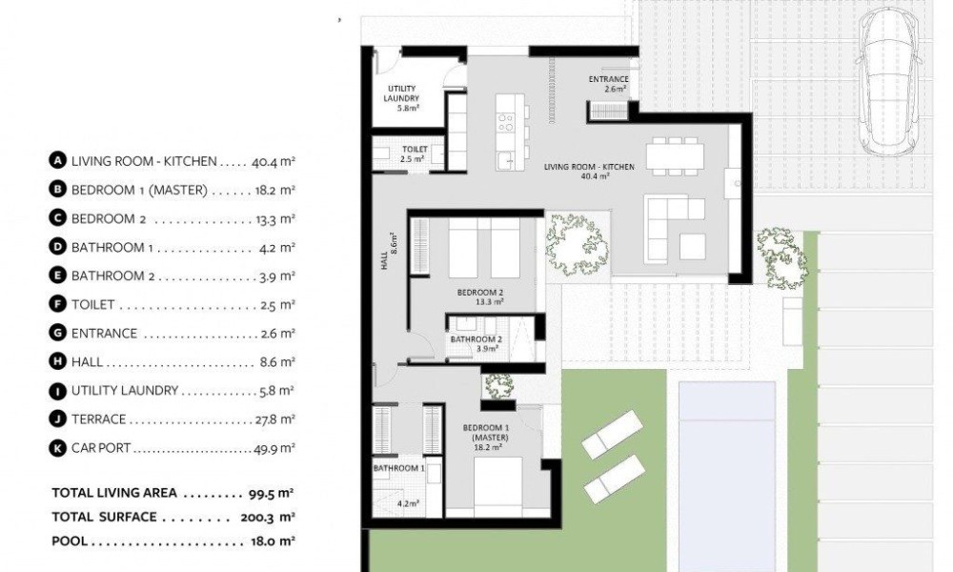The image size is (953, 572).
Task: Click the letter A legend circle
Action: pyautogui.click(x=57, y=161)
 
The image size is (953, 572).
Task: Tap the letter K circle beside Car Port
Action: pyautogui.click(x=57, y=449)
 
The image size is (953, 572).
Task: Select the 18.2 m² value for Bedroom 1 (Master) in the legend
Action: pyautogui.click(x=274, y=191)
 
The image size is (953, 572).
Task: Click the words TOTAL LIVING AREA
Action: pyautogui.click(x=114, y=493)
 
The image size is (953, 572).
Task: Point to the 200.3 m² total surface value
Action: pyautogui.click(x=268, y=518)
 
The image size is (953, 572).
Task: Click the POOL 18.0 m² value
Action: pyautogui.click(x=273, y=541)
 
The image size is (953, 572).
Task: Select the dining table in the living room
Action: pyautogui.click(x=675, y=156)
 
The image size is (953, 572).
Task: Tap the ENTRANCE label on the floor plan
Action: pyautogui.click(x=608, y=80)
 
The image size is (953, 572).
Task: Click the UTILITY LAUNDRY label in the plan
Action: pyautogui.click(x=401, y=93)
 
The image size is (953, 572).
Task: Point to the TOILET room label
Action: pyautogui.click(x=415, y=149)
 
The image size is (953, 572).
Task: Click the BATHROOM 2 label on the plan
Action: pyautogui.click(x=476, y=339)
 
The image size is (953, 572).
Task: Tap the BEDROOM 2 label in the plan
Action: pyautogui.click(x=480, y=293)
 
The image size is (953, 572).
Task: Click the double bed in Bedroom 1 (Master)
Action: pyautogui.click(x=498, y=486)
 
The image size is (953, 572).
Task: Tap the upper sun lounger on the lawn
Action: pyautogui.click(x=613, y=434)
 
